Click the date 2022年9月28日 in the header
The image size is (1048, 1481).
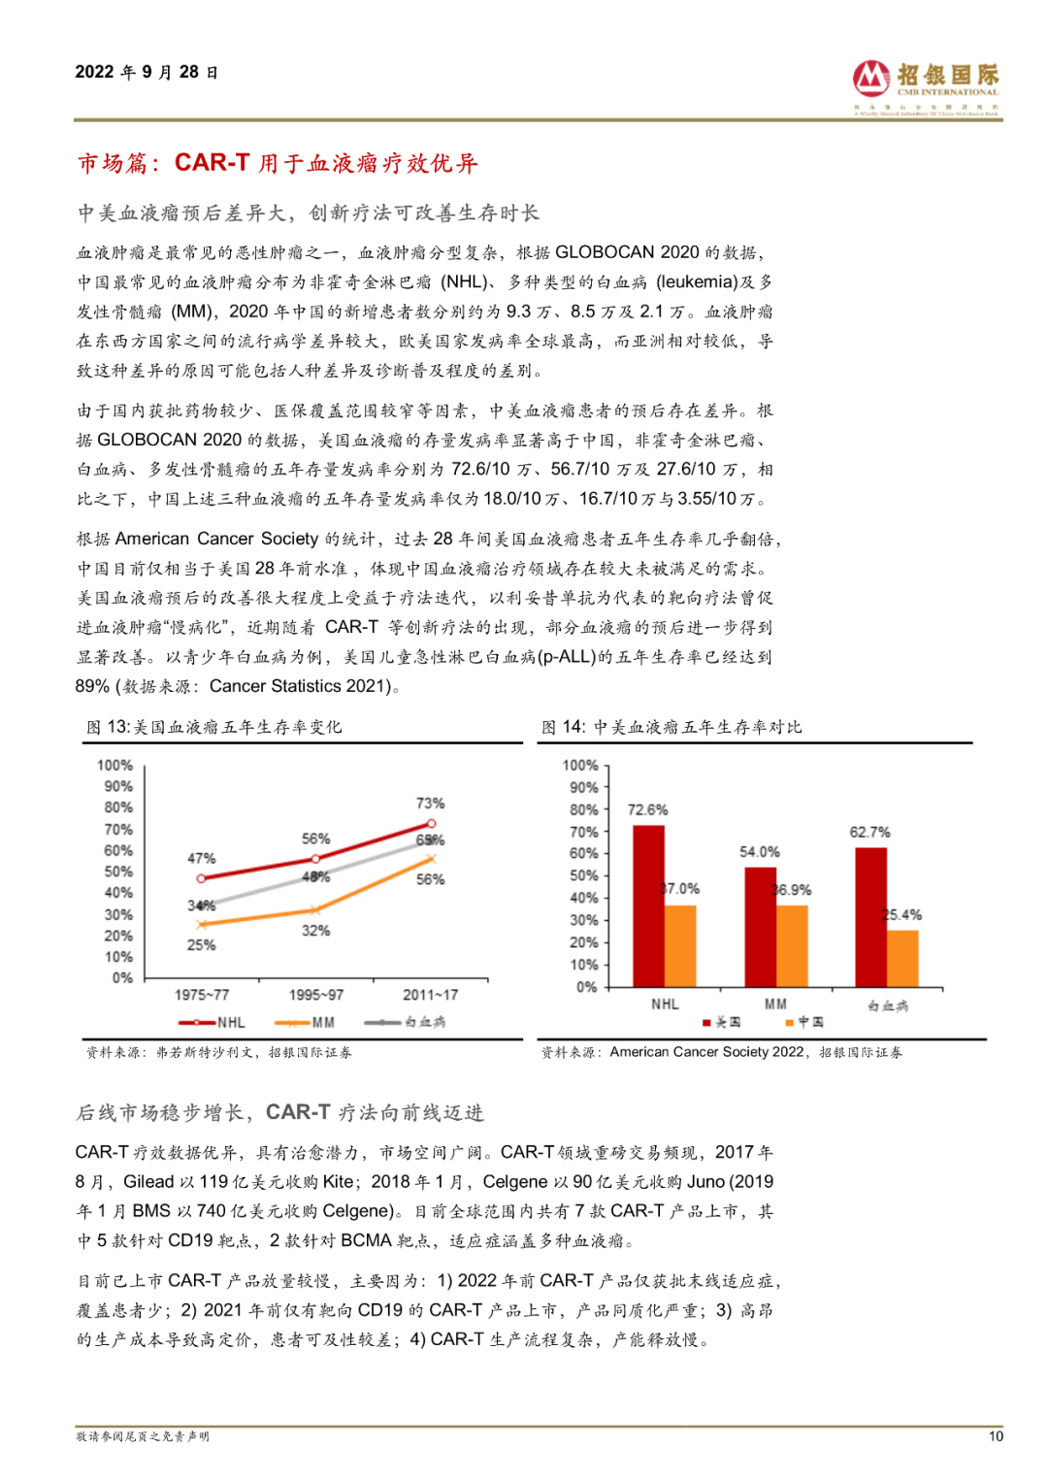point(147,73)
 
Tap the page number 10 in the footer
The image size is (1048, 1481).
point(996,1436)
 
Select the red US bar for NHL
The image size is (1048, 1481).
point(649,905)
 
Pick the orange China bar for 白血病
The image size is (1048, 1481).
point(902,959)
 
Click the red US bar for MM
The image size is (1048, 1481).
point(761,927)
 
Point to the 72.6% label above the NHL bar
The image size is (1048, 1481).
point(647,810)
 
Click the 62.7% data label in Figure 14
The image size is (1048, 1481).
point(869,833)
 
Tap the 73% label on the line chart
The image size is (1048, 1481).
point(430,804)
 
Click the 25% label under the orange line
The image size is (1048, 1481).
point(201,945)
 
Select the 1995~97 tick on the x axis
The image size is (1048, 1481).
point(316,995)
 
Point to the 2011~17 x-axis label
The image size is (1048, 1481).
point(431,995)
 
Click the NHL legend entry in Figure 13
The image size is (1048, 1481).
point(213,1023)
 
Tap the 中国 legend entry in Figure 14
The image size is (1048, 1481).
point(804,1022)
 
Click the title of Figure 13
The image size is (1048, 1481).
point(213,727)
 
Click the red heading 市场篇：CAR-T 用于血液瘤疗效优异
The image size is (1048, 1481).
point(278,163)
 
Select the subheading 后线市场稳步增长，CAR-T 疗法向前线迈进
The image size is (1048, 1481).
point(279,1112)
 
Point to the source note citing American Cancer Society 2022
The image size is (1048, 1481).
point(722,1052)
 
